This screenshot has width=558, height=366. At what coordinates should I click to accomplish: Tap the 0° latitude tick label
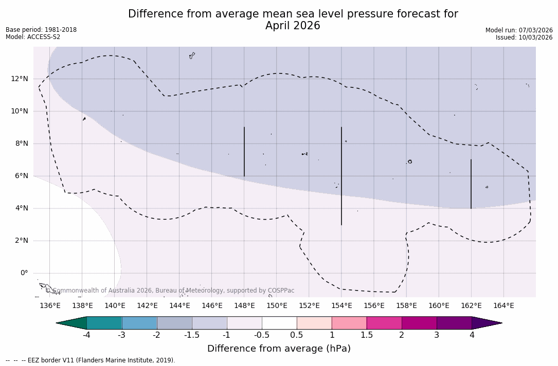(24, 273)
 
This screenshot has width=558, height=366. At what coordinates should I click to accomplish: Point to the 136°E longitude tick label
(50, 305)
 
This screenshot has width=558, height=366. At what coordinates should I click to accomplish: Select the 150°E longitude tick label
(277, 305)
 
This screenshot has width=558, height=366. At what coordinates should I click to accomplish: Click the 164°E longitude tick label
(503, 305)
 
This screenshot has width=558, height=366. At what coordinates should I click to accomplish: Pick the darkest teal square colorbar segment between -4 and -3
(104, 323)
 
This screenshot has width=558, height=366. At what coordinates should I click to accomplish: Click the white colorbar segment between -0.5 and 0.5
(279, 323)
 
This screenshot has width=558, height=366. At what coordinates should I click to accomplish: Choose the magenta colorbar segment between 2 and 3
(419, 323)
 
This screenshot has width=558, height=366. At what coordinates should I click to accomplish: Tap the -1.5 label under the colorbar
(192, 335)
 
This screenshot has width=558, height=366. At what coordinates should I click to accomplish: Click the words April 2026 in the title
(293, 26)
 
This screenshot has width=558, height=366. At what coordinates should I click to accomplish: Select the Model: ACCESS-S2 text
(33, 37)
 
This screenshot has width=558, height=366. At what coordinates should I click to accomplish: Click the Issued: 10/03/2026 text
(524, 37)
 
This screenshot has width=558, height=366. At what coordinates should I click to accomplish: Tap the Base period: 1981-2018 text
(41, 30)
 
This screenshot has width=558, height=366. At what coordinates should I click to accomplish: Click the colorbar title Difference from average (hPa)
(279, 349)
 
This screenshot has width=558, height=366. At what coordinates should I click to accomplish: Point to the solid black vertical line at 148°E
(244, 151)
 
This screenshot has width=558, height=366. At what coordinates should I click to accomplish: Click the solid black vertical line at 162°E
(471, 184)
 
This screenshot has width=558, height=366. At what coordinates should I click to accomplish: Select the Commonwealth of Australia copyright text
(170, 291)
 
